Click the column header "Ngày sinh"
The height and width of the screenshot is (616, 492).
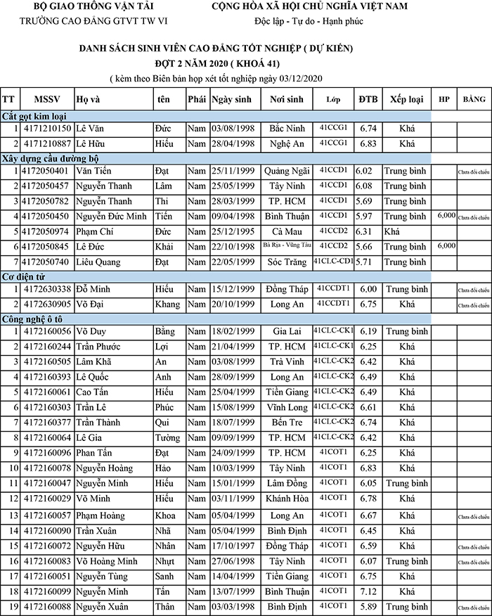tap(231, 99)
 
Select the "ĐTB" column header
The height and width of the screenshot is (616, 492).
tap(367, 99)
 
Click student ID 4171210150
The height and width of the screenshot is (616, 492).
tap(47, 129)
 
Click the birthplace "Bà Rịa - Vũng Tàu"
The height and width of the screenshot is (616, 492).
tap(286, 245)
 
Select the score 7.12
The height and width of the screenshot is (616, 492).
tap(368, 591)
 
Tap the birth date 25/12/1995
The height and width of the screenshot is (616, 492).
tap(231, 231)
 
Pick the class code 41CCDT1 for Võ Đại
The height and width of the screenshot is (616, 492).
tap(334, 303)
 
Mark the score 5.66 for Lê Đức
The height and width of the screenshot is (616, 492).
tap(367, 247)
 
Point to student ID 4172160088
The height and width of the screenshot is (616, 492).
tap(47, 606)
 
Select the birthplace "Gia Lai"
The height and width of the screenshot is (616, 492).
tap(286, 331)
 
